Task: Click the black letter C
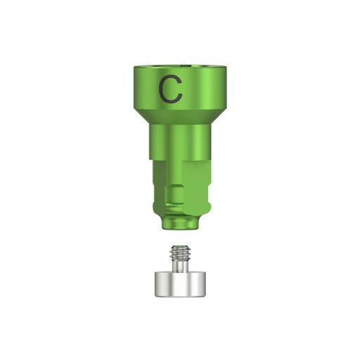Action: (x=170, y=89)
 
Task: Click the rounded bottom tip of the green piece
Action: (x=179, y=225)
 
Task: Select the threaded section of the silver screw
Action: (x=179, y=252)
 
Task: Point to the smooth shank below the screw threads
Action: (x=179, y=265)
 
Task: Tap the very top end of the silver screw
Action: (x=179, y=245)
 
